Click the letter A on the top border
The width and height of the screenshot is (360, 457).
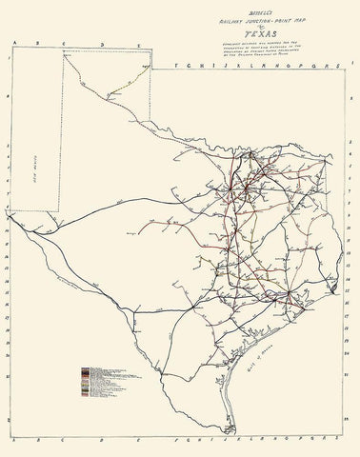click(10, 43)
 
